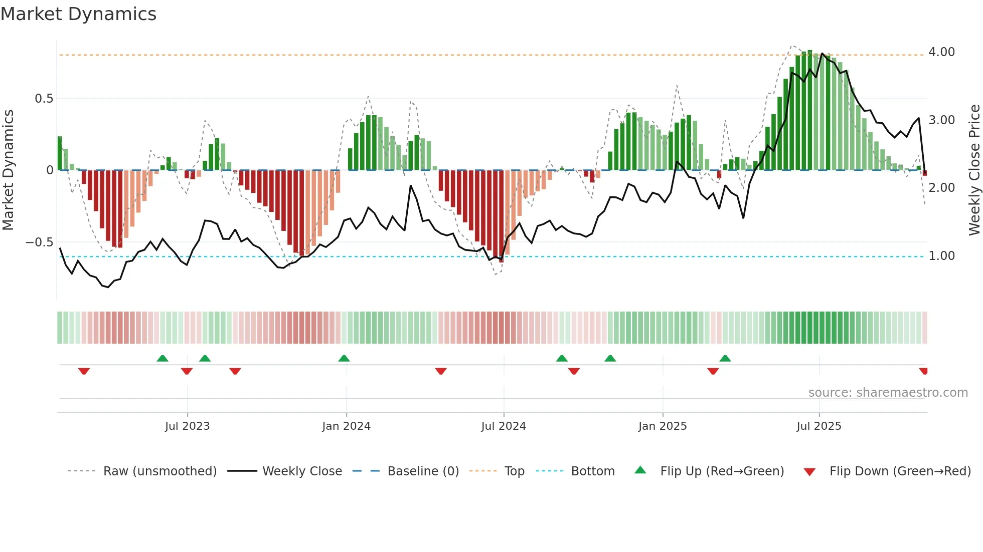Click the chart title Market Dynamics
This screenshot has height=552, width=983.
79,14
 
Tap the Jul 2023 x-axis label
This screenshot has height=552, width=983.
187,426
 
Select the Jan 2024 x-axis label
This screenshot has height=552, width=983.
346,426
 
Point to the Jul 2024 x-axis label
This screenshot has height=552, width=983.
504,426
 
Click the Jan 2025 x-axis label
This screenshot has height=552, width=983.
663,426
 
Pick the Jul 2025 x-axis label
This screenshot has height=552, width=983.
819,426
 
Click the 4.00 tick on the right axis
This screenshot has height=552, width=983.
941,52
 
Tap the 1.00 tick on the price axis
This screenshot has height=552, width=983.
941,256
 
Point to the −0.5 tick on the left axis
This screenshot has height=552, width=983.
39,242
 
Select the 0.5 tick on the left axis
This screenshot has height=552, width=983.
44,99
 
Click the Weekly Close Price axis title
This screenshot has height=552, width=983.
974,170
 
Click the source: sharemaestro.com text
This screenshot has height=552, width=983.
888,393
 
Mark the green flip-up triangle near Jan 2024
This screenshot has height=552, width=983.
344,358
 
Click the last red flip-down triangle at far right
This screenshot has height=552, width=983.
923,371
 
